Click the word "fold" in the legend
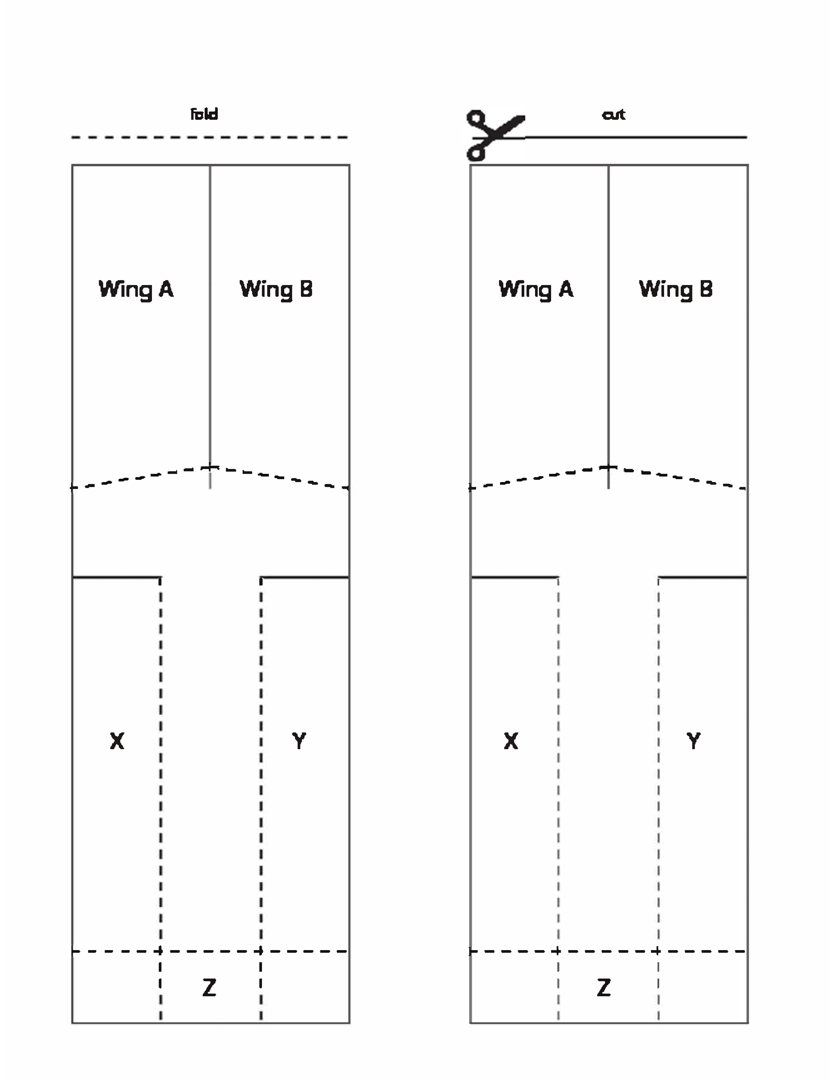tap(204, 114)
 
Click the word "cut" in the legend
tap(613, 115)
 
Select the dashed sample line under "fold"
tap(210, 137)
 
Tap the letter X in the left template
tap(117, 741)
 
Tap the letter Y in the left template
tap(299, 741)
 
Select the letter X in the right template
tap(511, 741)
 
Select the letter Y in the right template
tap(693, 741)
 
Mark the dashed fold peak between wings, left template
tap(210, 467)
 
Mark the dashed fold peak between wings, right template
tap(609, 467)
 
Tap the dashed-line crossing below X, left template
tap(160, 951)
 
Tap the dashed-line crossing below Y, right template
tap(658, 951)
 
